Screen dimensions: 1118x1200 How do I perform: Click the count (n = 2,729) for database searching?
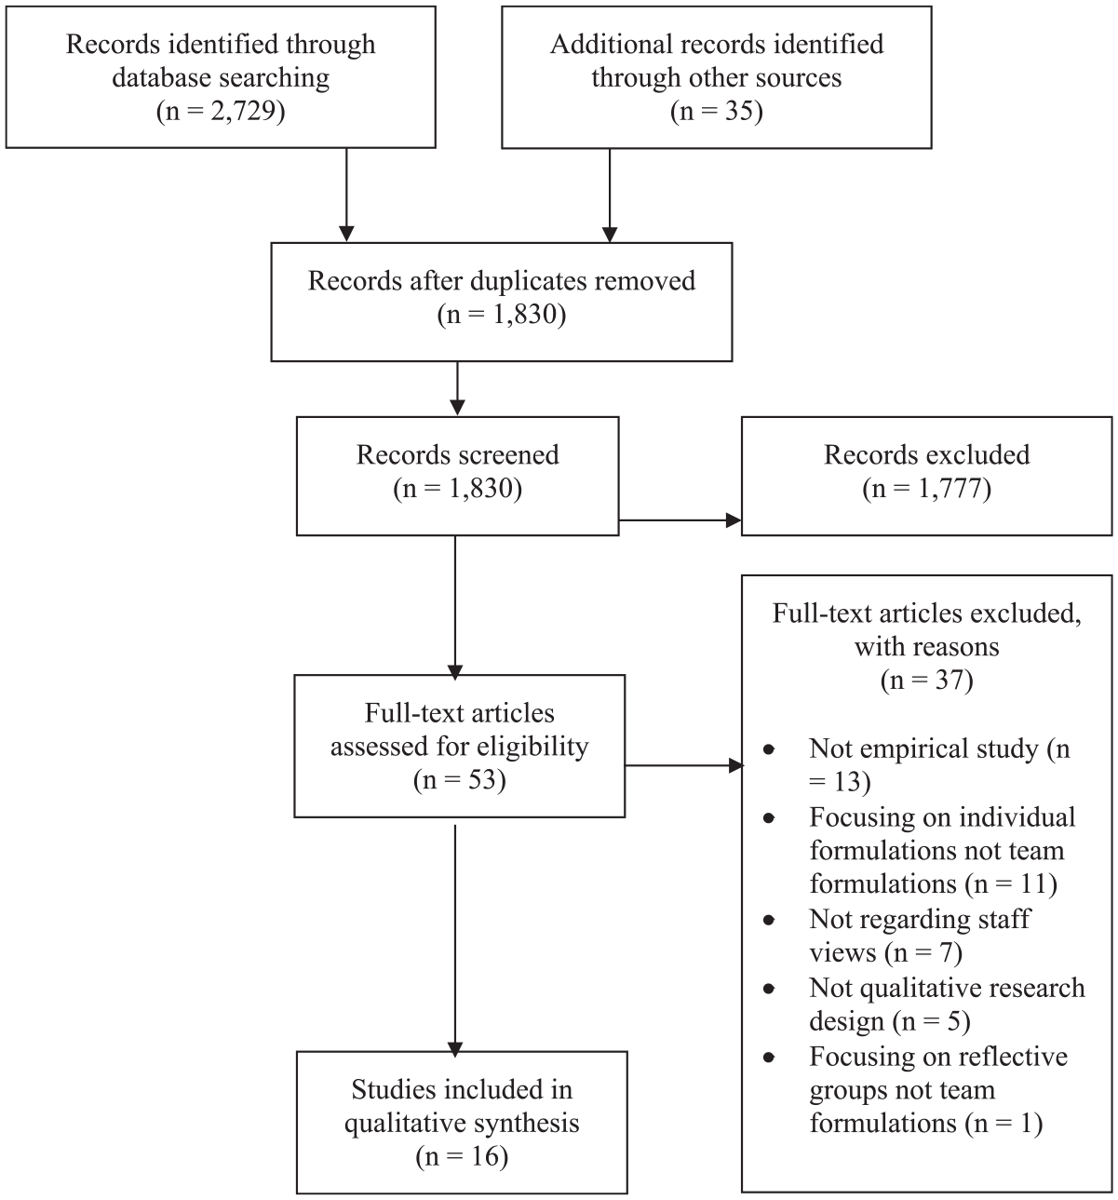[221, 111]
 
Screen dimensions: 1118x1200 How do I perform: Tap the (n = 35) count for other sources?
[716, 111]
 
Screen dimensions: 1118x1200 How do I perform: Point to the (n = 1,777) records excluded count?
[926, 488]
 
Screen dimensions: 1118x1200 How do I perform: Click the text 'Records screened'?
[457, 455]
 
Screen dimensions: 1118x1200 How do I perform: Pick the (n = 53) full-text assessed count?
[459, 779]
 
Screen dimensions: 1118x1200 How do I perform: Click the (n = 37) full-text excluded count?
[926, 680]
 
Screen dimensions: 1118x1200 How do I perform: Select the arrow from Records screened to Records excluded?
[680, 519]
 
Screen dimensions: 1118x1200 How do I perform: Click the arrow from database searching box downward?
[346, 195]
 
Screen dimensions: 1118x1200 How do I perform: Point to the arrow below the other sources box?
[610, 195]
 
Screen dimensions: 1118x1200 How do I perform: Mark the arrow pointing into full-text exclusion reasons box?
[684, 766]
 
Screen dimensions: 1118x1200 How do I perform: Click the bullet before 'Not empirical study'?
[769, 749]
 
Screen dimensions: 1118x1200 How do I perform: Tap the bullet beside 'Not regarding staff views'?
[769, 920]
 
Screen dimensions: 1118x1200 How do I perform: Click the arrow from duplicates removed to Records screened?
[457, 388]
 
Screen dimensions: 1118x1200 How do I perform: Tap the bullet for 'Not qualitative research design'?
[769, 989]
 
